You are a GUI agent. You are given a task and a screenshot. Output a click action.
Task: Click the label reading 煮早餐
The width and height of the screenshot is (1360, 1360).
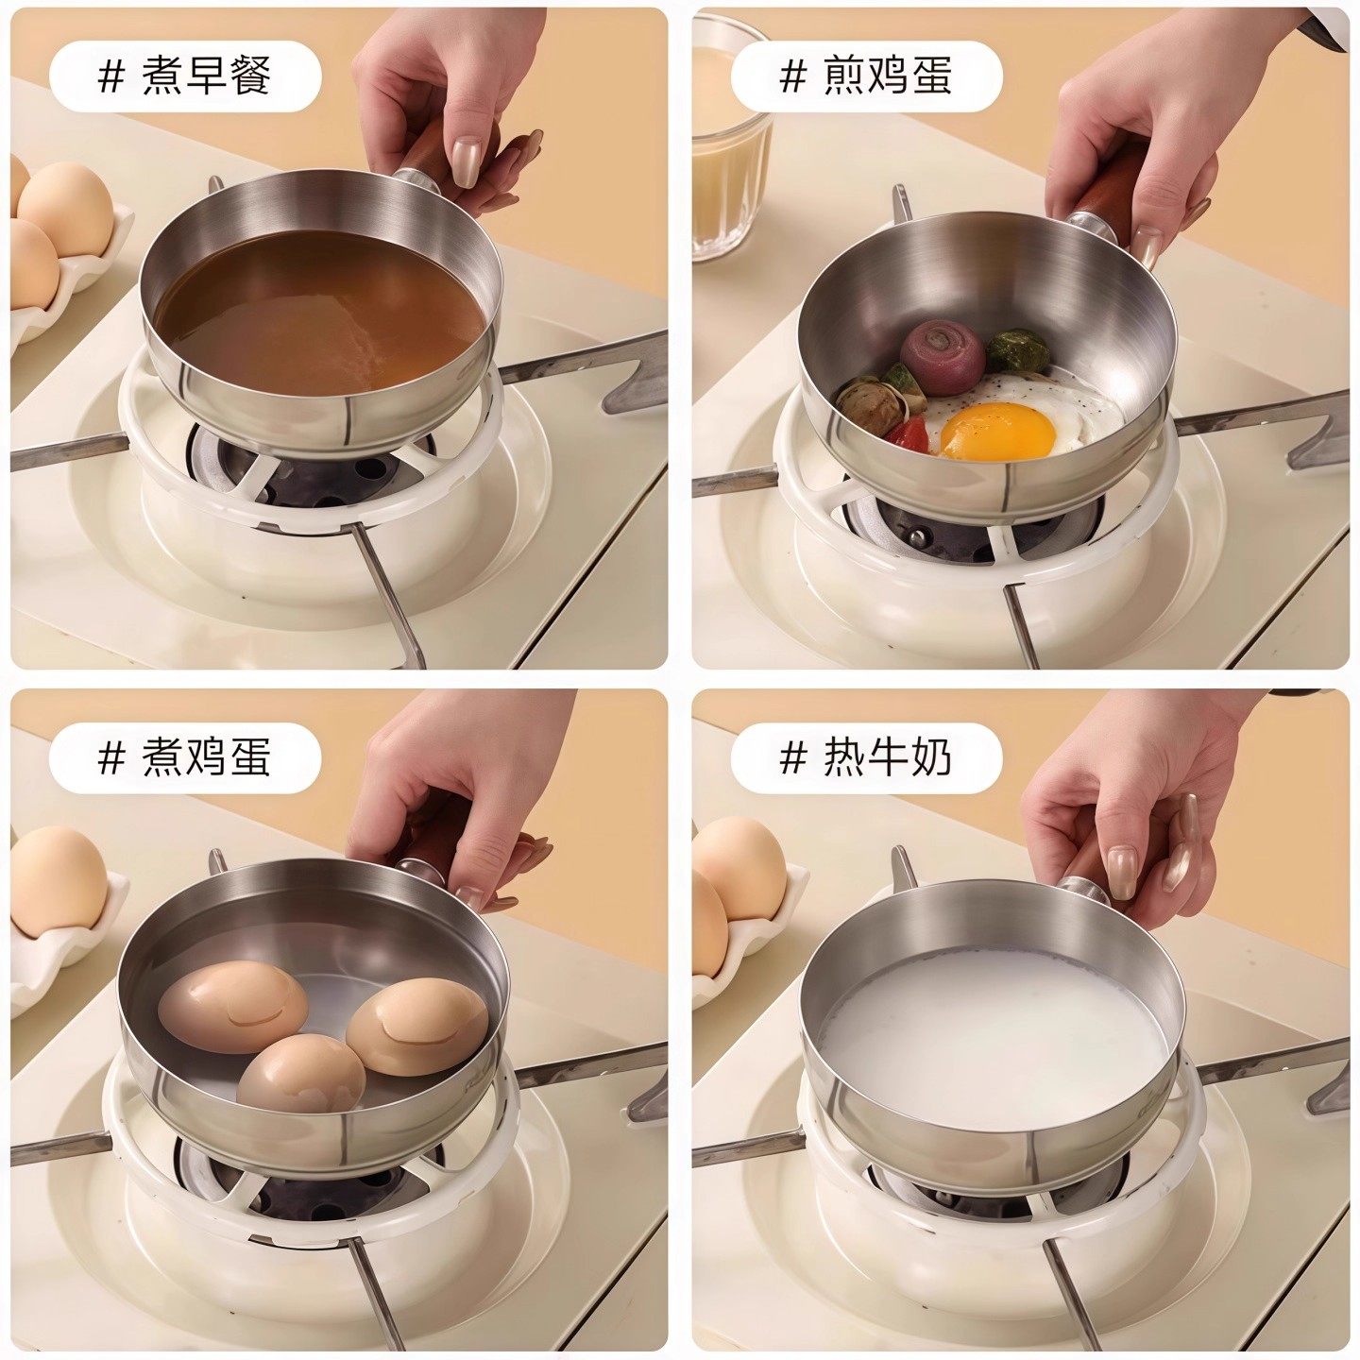206,76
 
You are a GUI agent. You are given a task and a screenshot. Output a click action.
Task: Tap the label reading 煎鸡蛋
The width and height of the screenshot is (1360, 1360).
887,76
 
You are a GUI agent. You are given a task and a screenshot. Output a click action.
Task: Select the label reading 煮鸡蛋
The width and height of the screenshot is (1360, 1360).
206,757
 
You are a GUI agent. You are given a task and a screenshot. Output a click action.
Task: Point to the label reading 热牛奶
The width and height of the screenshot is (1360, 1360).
887,757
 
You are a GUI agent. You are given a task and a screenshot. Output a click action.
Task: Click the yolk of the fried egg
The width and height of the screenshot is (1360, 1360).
997,431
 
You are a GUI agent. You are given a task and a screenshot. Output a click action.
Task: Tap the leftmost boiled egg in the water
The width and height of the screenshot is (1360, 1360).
232,1006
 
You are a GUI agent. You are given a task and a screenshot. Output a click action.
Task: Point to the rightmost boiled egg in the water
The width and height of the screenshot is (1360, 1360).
417,1025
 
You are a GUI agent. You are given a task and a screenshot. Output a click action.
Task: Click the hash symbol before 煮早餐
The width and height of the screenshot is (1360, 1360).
110,76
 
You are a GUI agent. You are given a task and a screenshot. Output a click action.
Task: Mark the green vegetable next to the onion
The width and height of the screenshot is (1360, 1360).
1017,351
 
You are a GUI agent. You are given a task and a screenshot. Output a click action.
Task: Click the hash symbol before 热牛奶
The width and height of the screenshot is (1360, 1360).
793,757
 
